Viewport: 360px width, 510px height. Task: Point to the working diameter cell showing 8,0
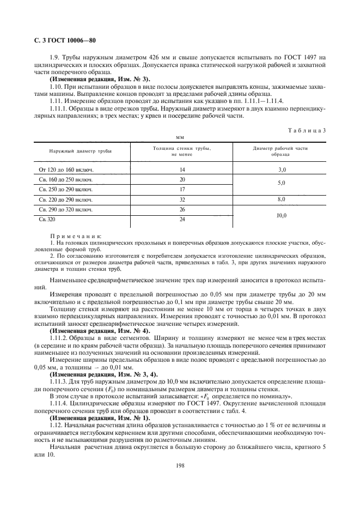280,199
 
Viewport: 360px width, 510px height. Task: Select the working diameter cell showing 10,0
280,215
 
